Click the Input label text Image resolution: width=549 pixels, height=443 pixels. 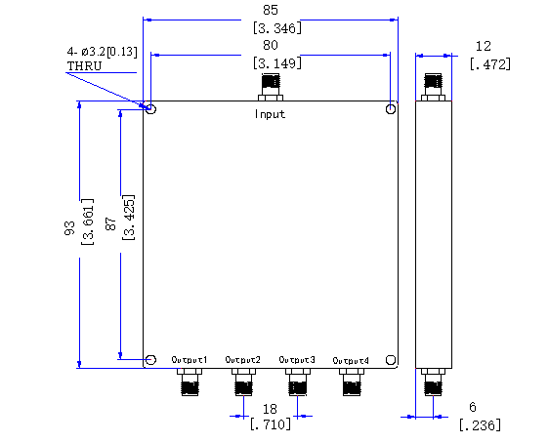(x=270, y=114)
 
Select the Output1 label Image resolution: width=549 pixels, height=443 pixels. (x=190, y=360)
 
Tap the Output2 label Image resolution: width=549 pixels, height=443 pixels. (x=243, y=360)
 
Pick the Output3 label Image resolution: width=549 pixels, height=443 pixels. (x=297, y=360)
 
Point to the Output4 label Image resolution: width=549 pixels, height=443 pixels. (x=351, y=360)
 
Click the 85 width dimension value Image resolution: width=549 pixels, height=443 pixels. (x=271, y=10)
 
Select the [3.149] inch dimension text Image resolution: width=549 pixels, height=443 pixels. (x=277, y=63)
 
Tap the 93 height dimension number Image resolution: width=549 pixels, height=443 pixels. (x=69, y=228)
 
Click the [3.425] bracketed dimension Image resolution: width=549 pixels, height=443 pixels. (x=129, y=218)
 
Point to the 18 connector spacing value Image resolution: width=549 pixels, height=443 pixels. (x=270, y=409)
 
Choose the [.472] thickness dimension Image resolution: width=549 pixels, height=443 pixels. (x=490, y=64)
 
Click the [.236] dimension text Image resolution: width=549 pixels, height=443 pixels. (x=480, y=425)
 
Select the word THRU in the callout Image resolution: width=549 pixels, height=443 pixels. (x=84, y=65)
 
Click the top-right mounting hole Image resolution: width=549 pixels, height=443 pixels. (x=391, y=109)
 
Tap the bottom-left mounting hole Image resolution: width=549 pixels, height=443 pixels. (x=150, y=360)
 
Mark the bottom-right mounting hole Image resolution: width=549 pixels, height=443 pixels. (x=391, y=360)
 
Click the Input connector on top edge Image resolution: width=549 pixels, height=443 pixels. (x=271, y=87)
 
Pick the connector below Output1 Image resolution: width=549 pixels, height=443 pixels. (x=190, y=382)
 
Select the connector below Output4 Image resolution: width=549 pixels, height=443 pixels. (x=351, y=382)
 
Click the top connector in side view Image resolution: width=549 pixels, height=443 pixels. (x=433, y=87)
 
